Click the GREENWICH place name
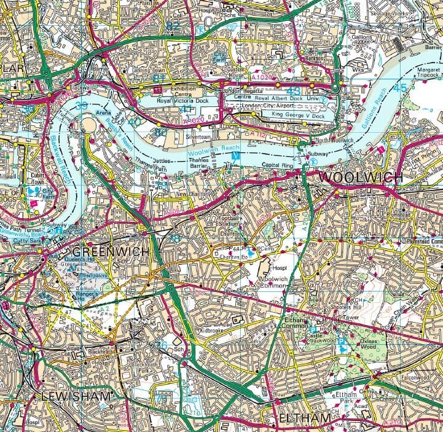click(110, 252)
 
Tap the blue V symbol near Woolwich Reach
click(233, 157)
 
